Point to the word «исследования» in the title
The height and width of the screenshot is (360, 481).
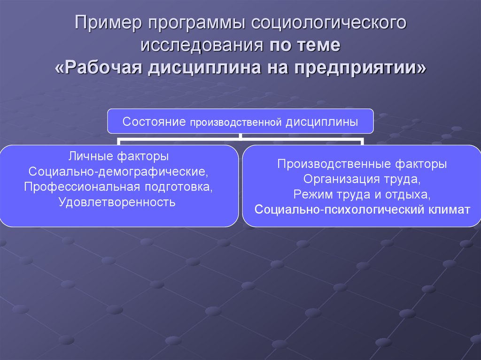point(202,46)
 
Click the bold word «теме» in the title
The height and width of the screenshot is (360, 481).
point(318,46)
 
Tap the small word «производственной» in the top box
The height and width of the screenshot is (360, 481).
point(235,123)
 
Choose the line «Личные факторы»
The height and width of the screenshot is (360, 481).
point(118,155)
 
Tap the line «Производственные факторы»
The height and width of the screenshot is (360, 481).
point(362,164)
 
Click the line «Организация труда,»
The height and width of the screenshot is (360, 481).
point(362,179)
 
